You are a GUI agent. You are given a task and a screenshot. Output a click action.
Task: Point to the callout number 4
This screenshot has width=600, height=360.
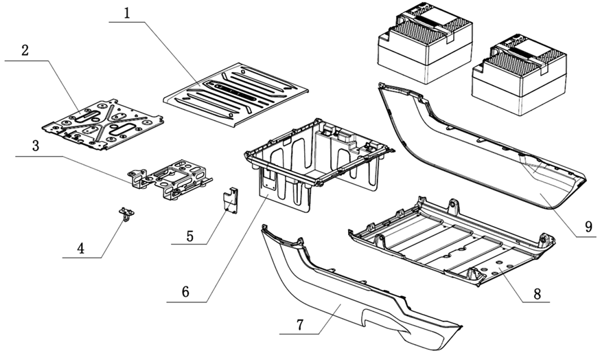pyautogui.click(x=82, y=247)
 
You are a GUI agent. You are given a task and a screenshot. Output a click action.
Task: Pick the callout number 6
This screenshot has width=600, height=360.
pyautogui.click(x=185, y=291)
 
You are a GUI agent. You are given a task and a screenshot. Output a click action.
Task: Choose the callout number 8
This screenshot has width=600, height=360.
pyautogui.click(x=537, y=293)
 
